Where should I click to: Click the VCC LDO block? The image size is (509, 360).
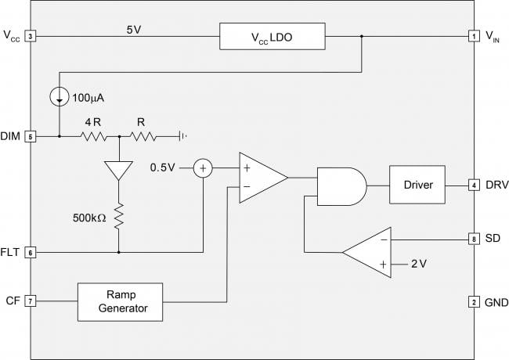point(272,36)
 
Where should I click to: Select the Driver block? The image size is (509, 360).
point(417,185)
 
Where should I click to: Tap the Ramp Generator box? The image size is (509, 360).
point(120,302)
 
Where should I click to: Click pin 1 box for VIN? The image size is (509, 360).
point(474,36)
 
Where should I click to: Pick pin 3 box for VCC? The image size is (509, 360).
point(31,36)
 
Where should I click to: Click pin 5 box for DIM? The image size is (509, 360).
point(31,136)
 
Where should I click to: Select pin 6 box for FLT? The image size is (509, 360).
point(31,252)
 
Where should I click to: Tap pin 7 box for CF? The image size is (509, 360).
point(31,301)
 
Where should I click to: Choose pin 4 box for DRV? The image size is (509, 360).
point(474,185)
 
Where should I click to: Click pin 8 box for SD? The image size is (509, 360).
point(474,239)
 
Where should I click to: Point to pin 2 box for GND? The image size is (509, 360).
point(474,302)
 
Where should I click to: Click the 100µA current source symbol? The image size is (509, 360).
point(60,96)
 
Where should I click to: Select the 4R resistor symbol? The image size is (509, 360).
point(93,136)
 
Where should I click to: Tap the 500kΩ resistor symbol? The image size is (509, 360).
point(119,216)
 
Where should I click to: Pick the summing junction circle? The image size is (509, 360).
point(204,168)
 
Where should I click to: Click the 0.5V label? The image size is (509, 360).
point(162,167)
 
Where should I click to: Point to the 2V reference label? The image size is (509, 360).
point(419,264)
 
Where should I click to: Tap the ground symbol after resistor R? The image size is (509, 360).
point(182,136)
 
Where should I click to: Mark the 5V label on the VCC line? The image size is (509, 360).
point(134,30)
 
